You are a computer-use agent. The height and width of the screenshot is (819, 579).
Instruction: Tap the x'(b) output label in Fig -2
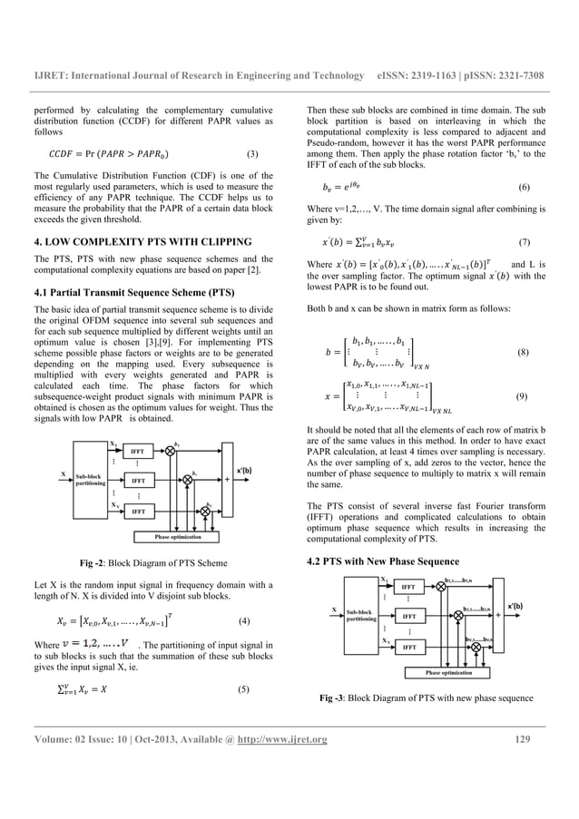click(246, 470)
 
